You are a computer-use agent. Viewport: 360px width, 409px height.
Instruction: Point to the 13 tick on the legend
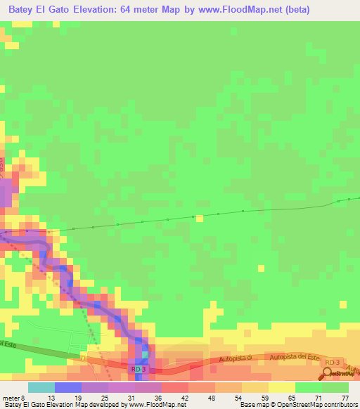pyautogui.click(x=51, y=398)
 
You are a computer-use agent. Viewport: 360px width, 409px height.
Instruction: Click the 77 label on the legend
pyautogui.click(x=345, y=398)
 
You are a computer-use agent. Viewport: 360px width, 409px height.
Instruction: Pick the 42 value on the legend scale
pyautogui.click(x=184, y=398)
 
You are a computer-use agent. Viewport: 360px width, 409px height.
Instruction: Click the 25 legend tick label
pyautogui.click(x=105, y=398)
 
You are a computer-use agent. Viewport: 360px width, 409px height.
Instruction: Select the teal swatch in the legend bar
pyautogui.click(x=41, y=387)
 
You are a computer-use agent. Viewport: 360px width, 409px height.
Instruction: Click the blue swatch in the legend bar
pyautogui.click(x=68, y=387)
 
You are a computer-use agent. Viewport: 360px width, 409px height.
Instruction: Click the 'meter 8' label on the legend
pyautogui.click(x=13, y=398)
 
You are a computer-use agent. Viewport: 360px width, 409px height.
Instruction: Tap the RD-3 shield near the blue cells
pyautogui.click(x=139, y=368)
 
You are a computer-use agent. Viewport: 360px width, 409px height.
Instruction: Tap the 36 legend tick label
pyautogui.click(x=157, y=398)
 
